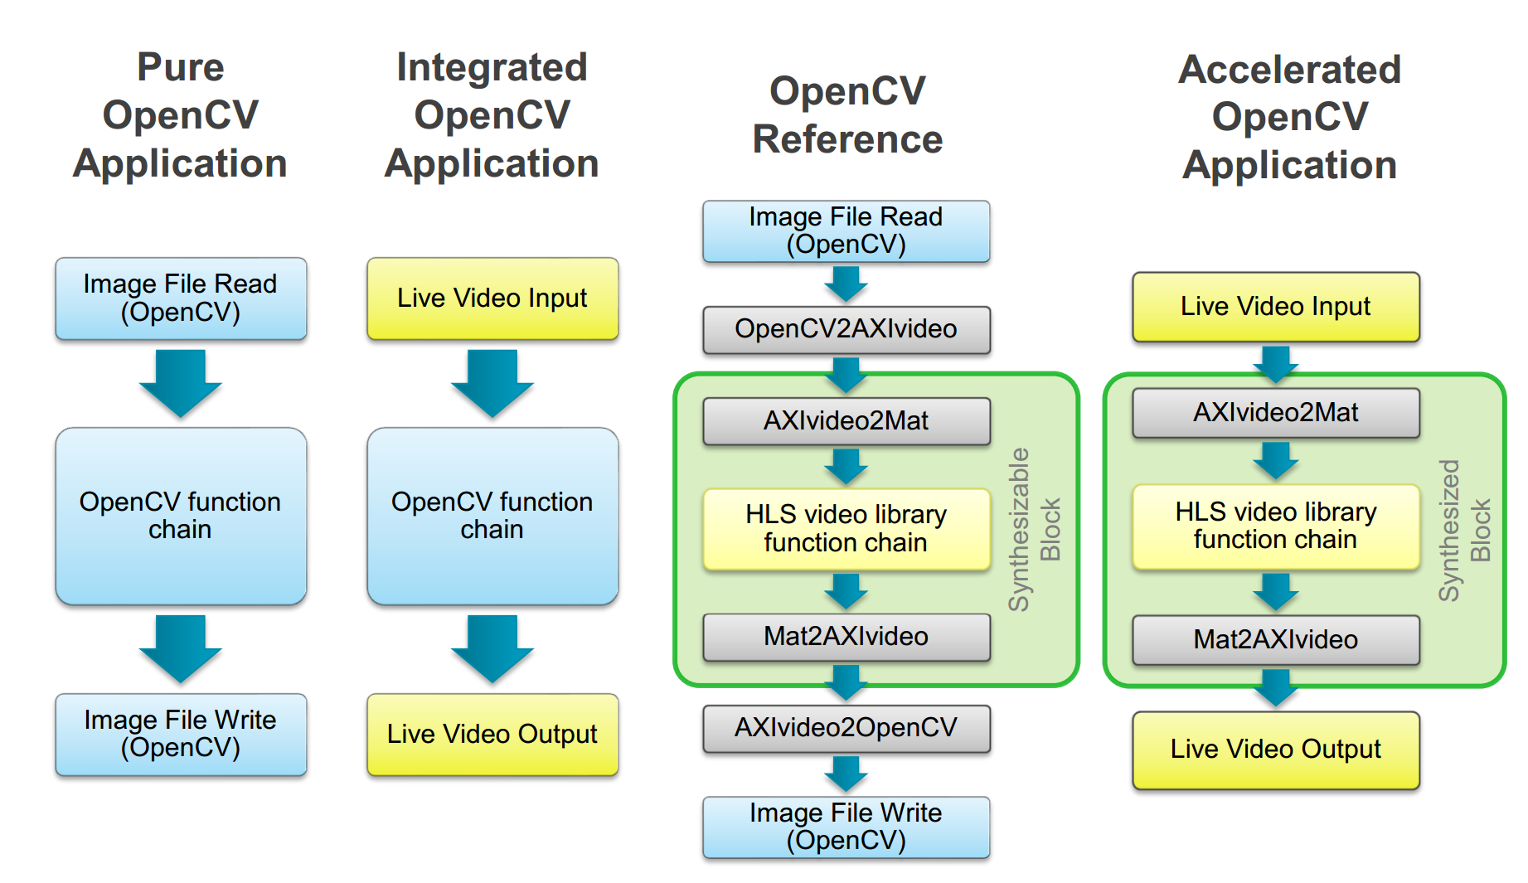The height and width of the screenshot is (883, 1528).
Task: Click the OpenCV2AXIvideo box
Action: pyautogui.click(x=846, y=329)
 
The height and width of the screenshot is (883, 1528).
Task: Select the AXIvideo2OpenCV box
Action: pyautogui.click(x=846, y=728)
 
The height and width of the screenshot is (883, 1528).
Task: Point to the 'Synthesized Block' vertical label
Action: pyautogui.click(x=1464, y=530)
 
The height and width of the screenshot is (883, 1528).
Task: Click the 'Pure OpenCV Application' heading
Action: pyautogui.click(x=181, y=115)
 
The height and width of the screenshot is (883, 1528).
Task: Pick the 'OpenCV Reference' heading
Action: pyautogui.click(x=847, y=115)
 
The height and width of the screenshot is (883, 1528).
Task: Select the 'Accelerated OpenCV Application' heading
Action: pyautogui.click(x=1290, y=117)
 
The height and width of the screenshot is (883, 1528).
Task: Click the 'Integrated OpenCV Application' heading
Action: pyautogui.click(x=492, y=115)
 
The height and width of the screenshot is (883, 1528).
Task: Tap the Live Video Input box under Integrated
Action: pyautogui.click(x=492, y=298)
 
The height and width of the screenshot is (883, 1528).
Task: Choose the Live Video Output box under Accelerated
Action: pyautogui.click(x=1276, y=750)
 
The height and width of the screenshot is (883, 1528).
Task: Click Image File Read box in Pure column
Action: pyautogui.click(x=181, y=298)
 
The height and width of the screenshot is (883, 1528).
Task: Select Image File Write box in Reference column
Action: pyautogui.click(x=846, y=827)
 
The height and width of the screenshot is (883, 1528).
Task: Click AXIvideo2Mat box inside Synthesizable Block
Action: pyautogui.click(x=846, y=421)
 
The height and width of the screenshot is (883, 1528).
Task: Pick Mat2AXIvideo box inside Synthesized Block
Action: pyautogui.click(x=1276, y=639)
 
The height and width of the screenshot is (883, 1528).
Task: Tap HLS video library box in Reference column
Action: pyautogui.click(x=846, y=529)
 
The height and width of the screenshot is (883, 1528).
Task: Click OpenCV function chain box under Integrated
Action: pyautogui.click(x=492, y=516)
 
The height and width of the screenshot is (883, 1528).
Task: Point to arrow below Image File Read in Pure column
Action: pyautogui.click(x=181, y=383)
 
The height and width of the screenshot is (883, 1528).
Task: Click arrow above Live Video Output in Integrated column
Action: pyautogui.click(x=492, y=648)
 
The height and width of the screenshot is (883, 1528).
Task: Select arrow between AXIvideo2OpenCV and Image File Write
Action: pyautogui.click(x=846, y=774)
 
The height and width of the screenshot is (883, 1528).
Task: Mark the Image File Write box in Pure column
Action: pyautogui.click(x=181, y=735)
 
